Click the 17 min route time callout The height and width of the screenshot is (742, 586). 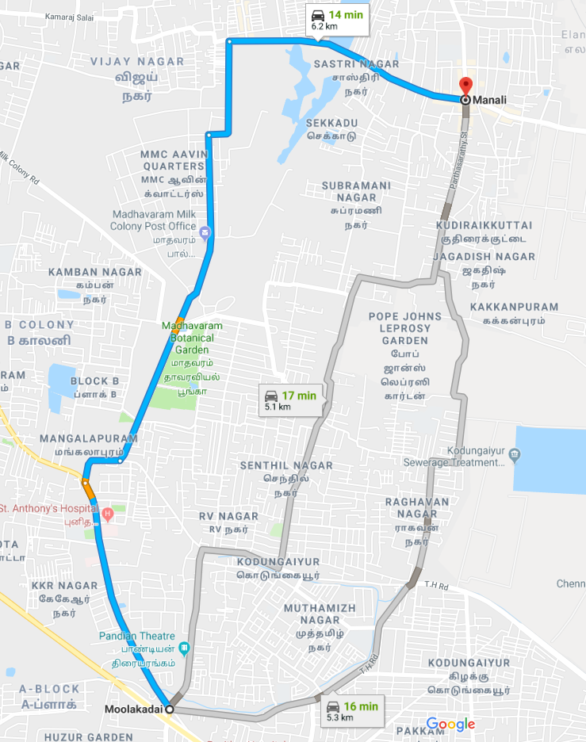(x=292, y=400)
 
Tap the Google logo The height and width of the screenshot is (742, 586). (x=450, y=724)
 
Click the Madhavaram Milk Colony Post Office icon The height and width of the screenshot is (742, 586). (x=205, y=232)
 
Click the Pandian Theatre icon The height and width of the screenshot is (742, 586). (x=185, y=648)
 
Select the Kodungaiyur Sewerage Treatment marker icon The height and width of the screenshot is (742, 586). (x=515, y=455)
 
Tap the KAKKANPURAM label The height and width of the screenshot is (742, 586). (x=513, y=307)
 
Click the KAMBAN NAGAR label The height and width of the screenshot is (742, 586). (x=94, y=272)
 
